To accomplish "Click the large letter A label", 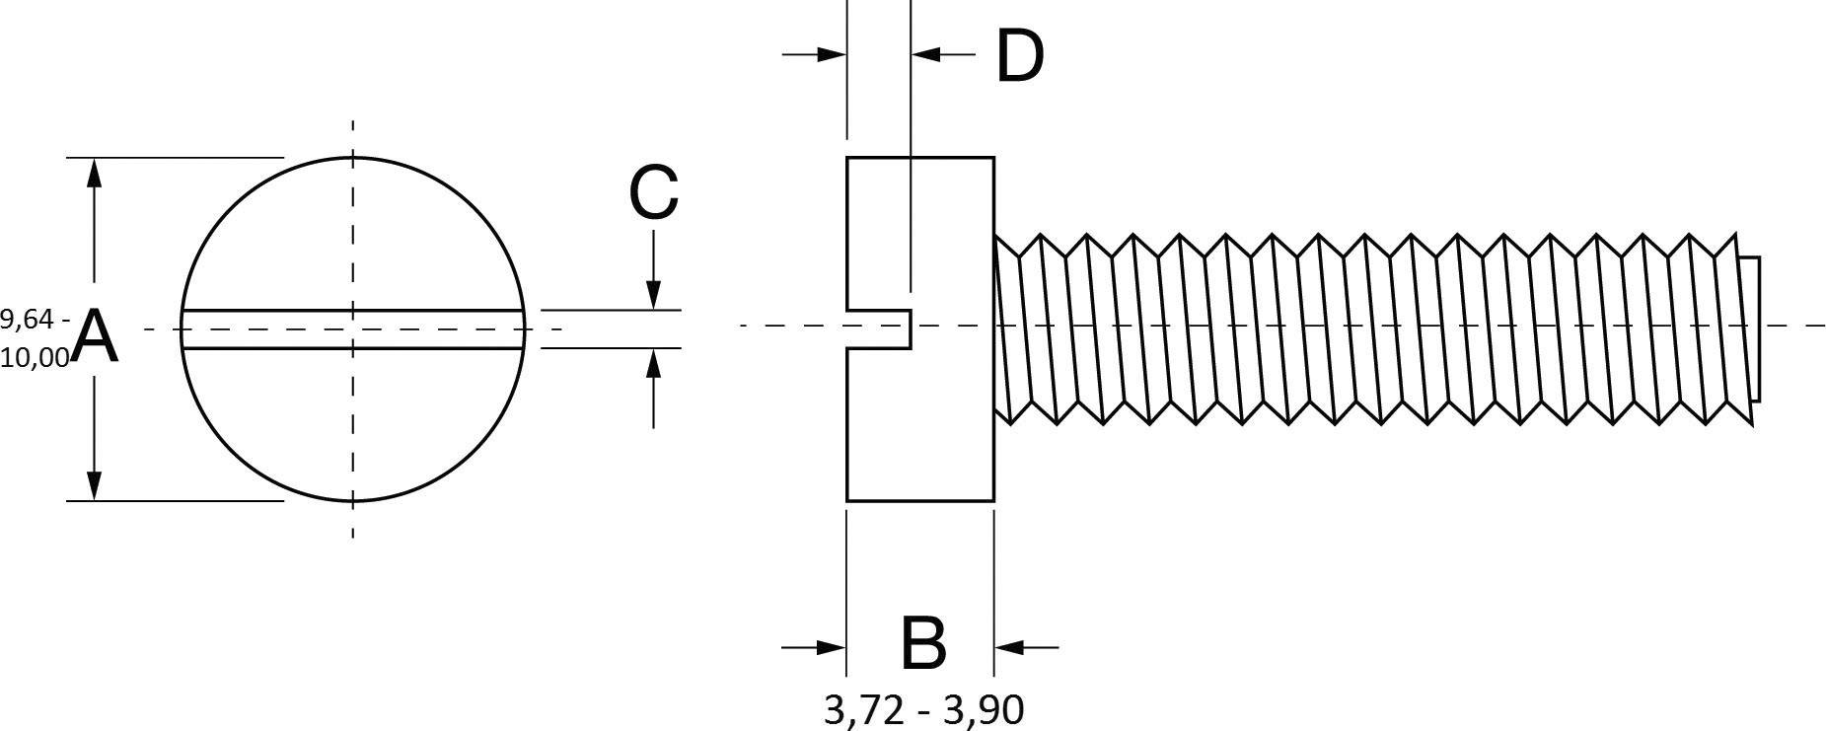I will [x=97, y=336].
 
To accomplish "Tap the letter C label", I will [x=654, y=192].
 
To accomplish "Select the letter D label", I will [x=1019, y=56].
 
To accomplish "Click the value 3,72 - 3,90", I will [x=923, y=710].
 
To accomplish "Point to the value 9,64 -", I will [x=36, y=319].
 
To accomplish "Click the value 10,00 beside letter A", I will [x=36, y=357].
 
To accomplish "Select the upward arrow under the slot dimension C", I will [x=653, y=364].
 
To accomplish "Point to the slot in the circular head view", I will [x=434, y=329].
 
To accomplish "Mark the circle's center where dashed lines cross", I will [x=353, y=329].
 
